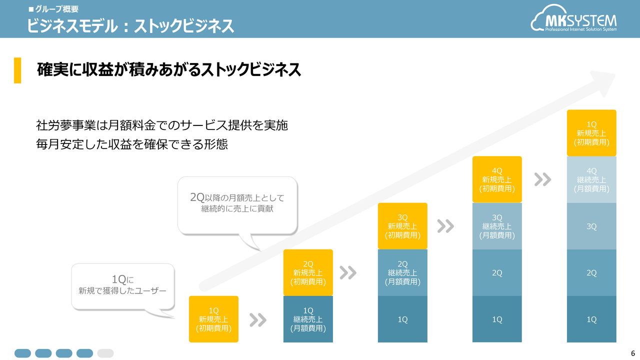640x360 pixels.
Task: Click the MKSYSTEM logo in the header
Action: pyautogui.click(x=573, y=18)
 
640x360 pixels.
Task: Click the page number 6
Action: pyautogui.click(x=633, y=353)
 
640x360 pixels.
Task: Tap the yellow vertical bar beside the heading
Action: pyautogui.click(x=17, y=70)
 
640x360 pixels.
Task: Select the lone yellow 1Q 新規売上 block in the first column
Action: pyautogui.click(x=213, y=319)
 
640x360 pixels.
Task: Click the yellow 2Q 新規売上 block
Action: pyautogui.click(x=308, y=272)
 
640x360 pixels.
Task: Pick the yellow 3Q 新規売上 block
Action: pyautogui.click(x=402, y=226)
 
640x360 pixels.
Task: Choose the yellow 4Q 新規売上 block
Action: pyautogui.click(x=497, y=179)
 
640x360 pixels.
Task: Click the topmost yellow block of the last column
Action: pyautogui.click(x=591, y=133)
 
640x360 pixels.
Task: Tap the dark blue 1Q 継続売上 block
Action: pyautogui.click(x=308, y=319)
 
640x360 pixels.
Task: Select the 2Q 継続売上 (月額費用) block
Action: pyautogui.click(x=402, y=272)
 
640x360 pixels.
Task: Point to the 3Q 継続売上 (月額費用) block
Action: pyautogui.click(x=497, y=226)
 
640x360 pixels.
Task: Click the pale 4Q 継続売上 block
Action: pyautogui.click(x=591, y=179)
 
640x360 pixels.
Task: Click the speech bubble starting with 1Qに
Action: pyautogui.click(x=123, y=286)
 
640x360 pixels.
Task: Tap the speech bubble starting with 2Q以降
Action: pyautogui.click(x=237, y=205)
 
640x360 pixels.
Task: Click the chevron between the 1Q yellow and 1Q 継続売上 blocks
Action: pyautogui.click(x=257, y=319)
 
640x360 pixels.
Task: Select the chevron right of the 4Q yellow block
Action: pyautogui.click(x=542, y=179)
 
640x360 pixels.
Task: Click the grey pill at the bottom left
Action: pyautogui.click(x=105, y=353)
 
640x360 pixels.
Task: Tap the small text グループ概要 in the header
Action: pyautogui.click(x=57, y=9)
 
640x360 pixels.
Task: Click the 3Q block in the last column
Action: pyautogui.click(x=591, y=226)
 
